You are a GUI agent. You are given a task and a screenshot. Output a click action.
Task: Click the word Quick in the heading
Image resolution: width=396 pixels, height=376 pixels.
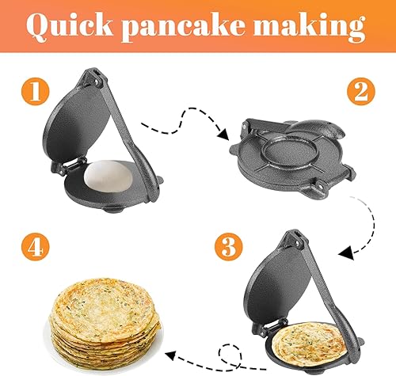click(x=70, y=25)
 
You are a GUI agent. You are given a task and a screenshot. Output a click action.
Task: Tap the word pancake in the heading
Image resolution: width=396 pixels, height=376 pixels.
click(x=183, y=27)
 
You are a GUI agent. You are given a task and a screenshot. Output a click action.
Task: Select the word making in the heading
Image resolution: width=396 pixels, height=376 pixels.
click(x=310, y=27)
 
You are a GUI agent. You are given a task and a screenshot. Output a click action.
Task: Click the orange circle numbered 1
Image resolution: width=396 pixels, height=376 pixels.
click(x=36, y=91)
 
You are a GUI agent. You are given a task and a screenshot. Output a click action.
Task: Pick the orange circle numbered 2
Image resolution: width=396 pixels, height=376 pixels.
click(x=361, y=91)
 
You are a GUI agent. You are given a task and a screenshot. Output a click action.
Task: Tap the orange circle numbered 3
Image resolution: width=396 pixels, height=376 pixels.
click(x=229, y=247)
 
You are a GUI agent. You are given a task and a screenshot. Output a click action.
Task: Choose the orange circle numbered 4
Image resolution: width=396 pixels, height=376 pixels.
click(x=36, y=247)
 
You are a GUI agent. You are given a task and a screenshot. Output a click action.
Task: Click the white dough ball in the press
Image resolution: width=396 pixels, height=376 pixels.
click(x=109, y=176)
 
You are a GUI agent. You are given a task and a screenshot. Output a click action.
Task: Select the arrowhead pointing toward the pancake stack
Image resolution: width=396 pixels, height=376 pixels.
click(x=170, y=356)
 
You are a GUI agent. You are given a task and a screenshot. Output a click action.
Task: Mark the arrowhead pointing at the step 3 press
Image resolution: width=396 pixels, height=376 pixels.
click(x=345, y=253)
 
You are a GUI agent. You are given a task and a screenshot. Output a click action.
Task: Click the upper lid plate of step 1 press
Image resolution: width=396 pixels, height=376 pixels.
click(x=76, y=124)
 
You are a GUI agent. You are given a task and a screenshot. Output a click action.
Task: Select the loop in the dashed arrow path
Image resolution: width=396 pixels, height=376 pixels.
click(x=230, y=355)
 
